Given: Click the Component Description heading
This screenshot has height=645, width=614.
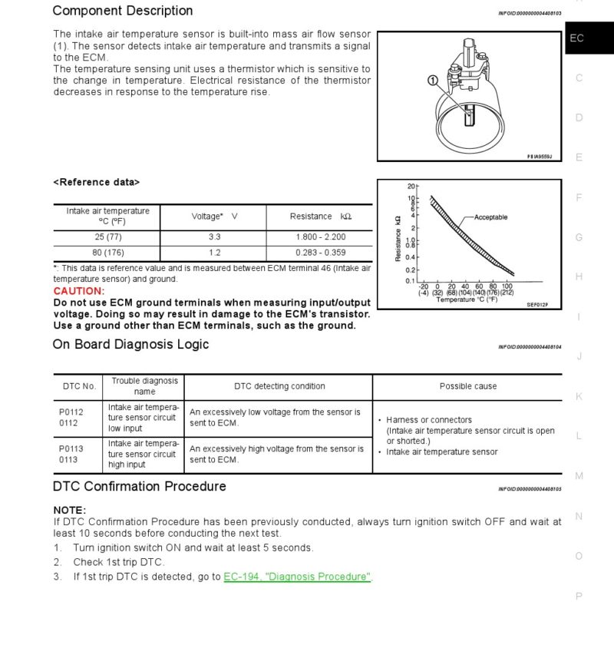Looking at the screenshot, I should point(123,11).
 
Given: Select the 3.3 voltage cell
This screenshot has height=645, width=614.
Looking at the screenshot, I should point(214,237).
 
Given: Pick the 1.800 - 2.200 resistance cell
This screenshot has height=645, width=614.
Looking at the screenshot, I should point(320,237).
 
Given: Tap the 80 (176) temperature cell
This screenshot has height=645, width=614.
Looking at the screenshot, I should point(108,253).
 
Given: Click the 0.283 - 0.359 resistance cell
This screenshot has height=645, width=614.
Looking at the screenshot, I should point(320,253).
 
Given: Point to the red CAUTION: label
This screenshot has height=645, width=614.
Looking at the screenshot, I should point(78,291).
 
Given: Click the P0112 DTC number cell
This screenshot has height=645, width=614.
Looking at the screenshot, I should point(71,412).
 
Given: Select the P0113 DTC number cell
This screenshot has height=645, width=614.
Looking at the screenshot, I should point(71,448).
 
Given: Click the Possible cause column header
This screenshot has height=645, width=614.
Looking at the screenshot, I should point(467,386).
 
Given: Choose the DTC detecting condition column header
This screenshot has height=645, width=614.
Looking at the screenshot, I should point(279,386).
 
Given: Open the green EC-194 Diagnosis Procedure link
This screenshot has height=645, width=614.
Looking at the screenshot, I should point(297,577).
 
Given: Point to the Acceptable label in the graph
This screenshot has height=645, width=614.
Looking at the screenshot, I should point(490,217).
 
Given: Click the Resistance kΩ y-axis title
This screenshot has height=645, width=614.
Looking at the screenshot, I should point(398,238).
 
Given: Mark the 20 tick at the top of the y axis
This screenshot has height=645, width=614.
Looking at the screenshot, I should point(411,187).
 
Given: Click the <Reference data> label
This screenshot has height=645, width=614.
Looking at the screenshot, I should point(96,182).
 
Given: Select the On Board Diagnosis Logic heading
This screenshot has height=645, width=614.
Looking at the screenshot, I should point(130,344).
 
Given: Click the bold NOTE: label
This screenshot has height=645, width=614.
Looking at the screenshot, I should point(70,510).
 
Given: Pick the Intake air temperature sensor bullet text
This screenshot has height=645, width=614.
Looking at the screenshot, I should point(441,452).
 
